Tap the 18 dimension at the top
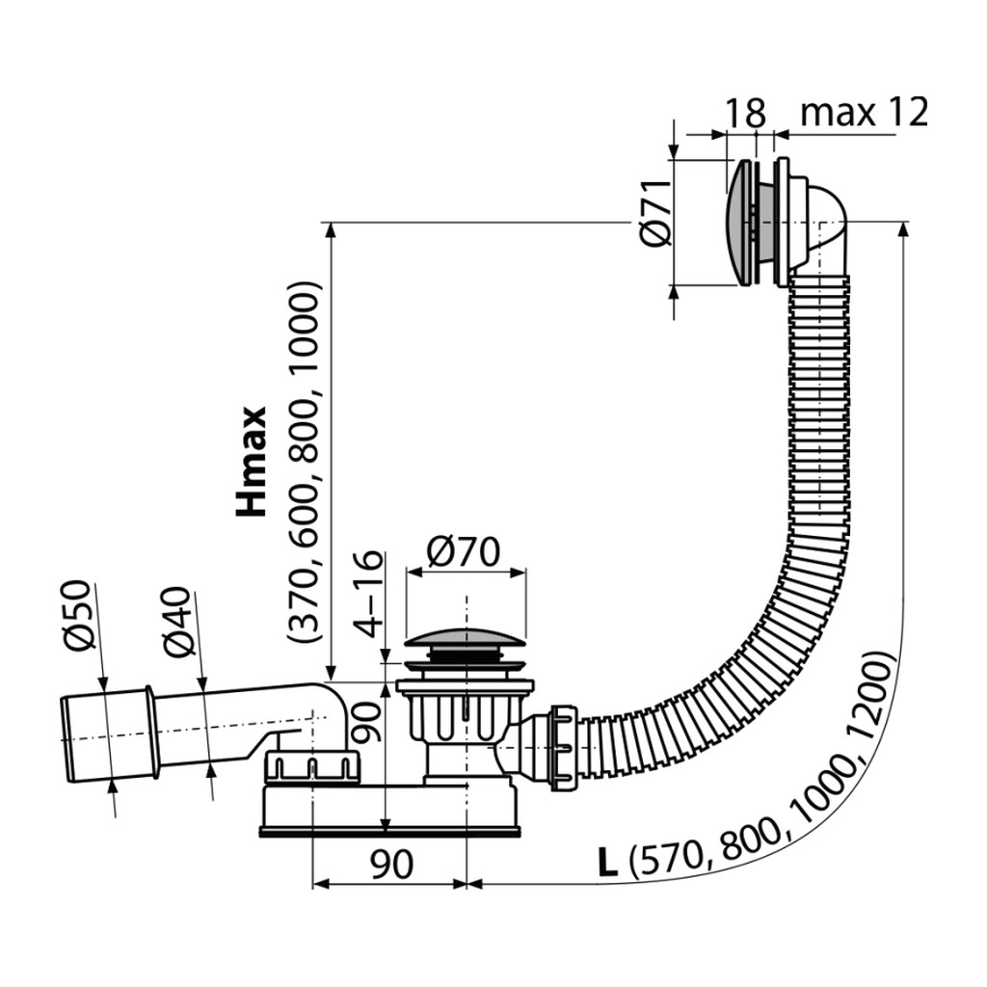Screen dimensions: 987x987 point(746,113)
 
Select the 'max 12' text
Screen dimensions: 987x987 point(865,113)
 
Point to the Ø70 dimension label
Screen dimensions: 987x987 point(463,552)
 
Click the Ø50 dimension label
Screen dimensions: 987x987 point(79,614)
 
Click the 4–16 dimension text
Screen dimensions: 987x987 point(367,595)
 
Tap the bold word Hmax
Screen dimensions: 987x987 point(252,462)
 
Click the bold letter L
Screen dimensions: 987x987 point(607,863)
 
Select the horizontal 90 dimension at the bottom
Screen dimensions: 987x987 point(391,865)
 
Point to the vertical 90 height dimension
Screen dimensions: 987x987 point(367,722)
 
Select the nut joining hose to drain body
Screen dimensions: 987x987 point(563,748)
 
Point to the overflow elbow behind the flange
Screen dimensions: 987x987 point(820,227)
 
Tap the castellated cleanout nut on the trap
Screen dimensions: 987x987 point(311,766)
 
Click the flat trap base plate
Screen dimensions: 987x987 point(390,832)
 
